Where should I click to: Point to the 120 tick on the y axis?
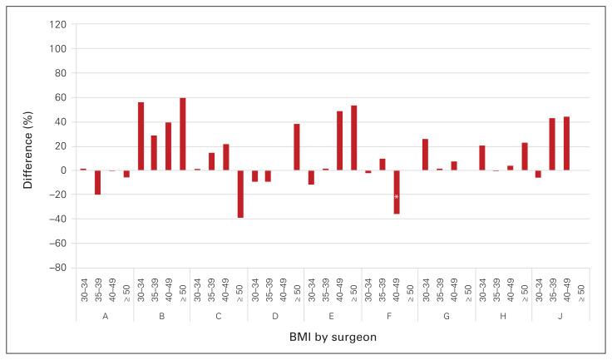(57, 24)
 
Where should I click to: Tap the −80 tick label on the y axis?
(56, 269)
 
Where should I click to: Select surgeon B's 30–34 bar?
(141, 136)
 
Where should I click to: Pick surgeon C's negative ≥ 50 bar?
(240, 194)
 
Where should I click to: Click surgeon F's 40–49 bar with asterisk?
(397, 192)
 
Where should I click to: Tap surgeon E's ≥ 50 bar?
(354, 138)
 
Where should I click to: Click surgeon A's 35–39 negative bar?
(97, 182)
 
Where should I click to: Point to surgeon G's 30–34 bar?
(425, 155)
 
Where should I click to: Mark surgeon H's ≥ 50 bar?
(525, 156)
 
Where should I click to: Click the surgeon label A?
(105, 316)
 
